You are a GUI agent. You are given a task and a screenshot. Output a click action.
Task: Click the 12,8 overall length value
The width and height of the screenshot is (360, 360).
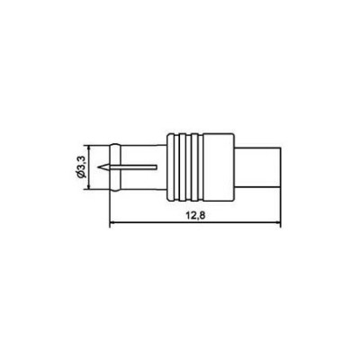point(195,216)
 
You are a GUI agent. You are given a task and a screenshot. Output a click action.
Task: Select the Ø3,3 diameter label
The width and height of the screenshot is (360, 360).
point(83,167)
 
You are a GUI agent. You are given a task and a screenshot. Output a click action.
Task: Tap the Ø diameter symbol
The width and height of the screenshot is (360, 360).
point(83,175)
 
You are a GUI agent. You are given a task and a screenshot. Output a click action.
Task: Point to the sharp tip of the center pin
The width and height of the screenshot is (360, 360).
point(98,166)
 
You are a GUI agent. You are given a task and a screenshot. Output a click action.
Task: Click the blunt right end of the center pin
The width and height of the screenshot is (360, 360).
point(157,166)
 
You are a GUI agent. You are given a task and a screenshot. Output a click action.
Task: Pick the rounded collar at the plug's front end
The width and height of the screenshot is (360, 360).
point(115,167)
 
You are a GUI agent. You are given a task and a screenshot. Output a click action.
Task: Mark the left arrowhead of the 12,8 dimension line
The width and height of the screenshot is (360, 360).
point(112,223)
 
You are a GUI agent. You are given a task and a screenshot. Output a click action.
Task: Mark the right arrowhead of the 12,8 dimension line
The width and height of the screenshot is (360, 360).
point(278,223)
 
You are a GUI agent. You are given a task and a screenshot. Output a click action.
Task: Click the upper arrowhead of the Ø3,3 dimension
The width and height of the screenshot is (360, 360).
point(89,148)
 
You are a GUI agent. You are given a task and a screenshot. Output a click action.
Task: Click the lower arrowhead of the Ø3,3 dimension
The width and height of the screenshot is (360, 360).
point(89,186)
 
